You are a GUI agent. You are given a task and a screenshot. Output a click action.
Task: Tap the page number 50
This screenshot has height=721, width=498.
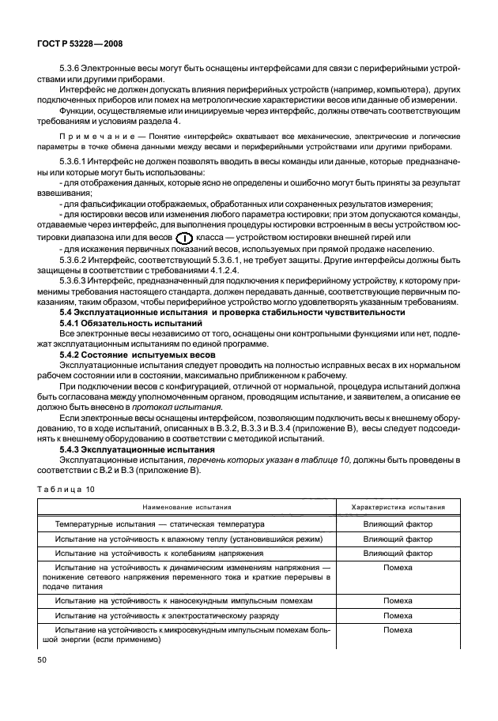(41, 657)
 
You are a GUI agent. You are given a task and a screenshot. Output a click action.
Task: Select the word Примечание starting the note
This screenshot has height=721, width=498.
(89, 137)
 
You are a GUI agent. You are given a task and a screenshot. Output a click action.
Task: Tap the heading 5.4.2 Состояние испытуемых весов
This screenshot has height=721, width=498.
(137, 355)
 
